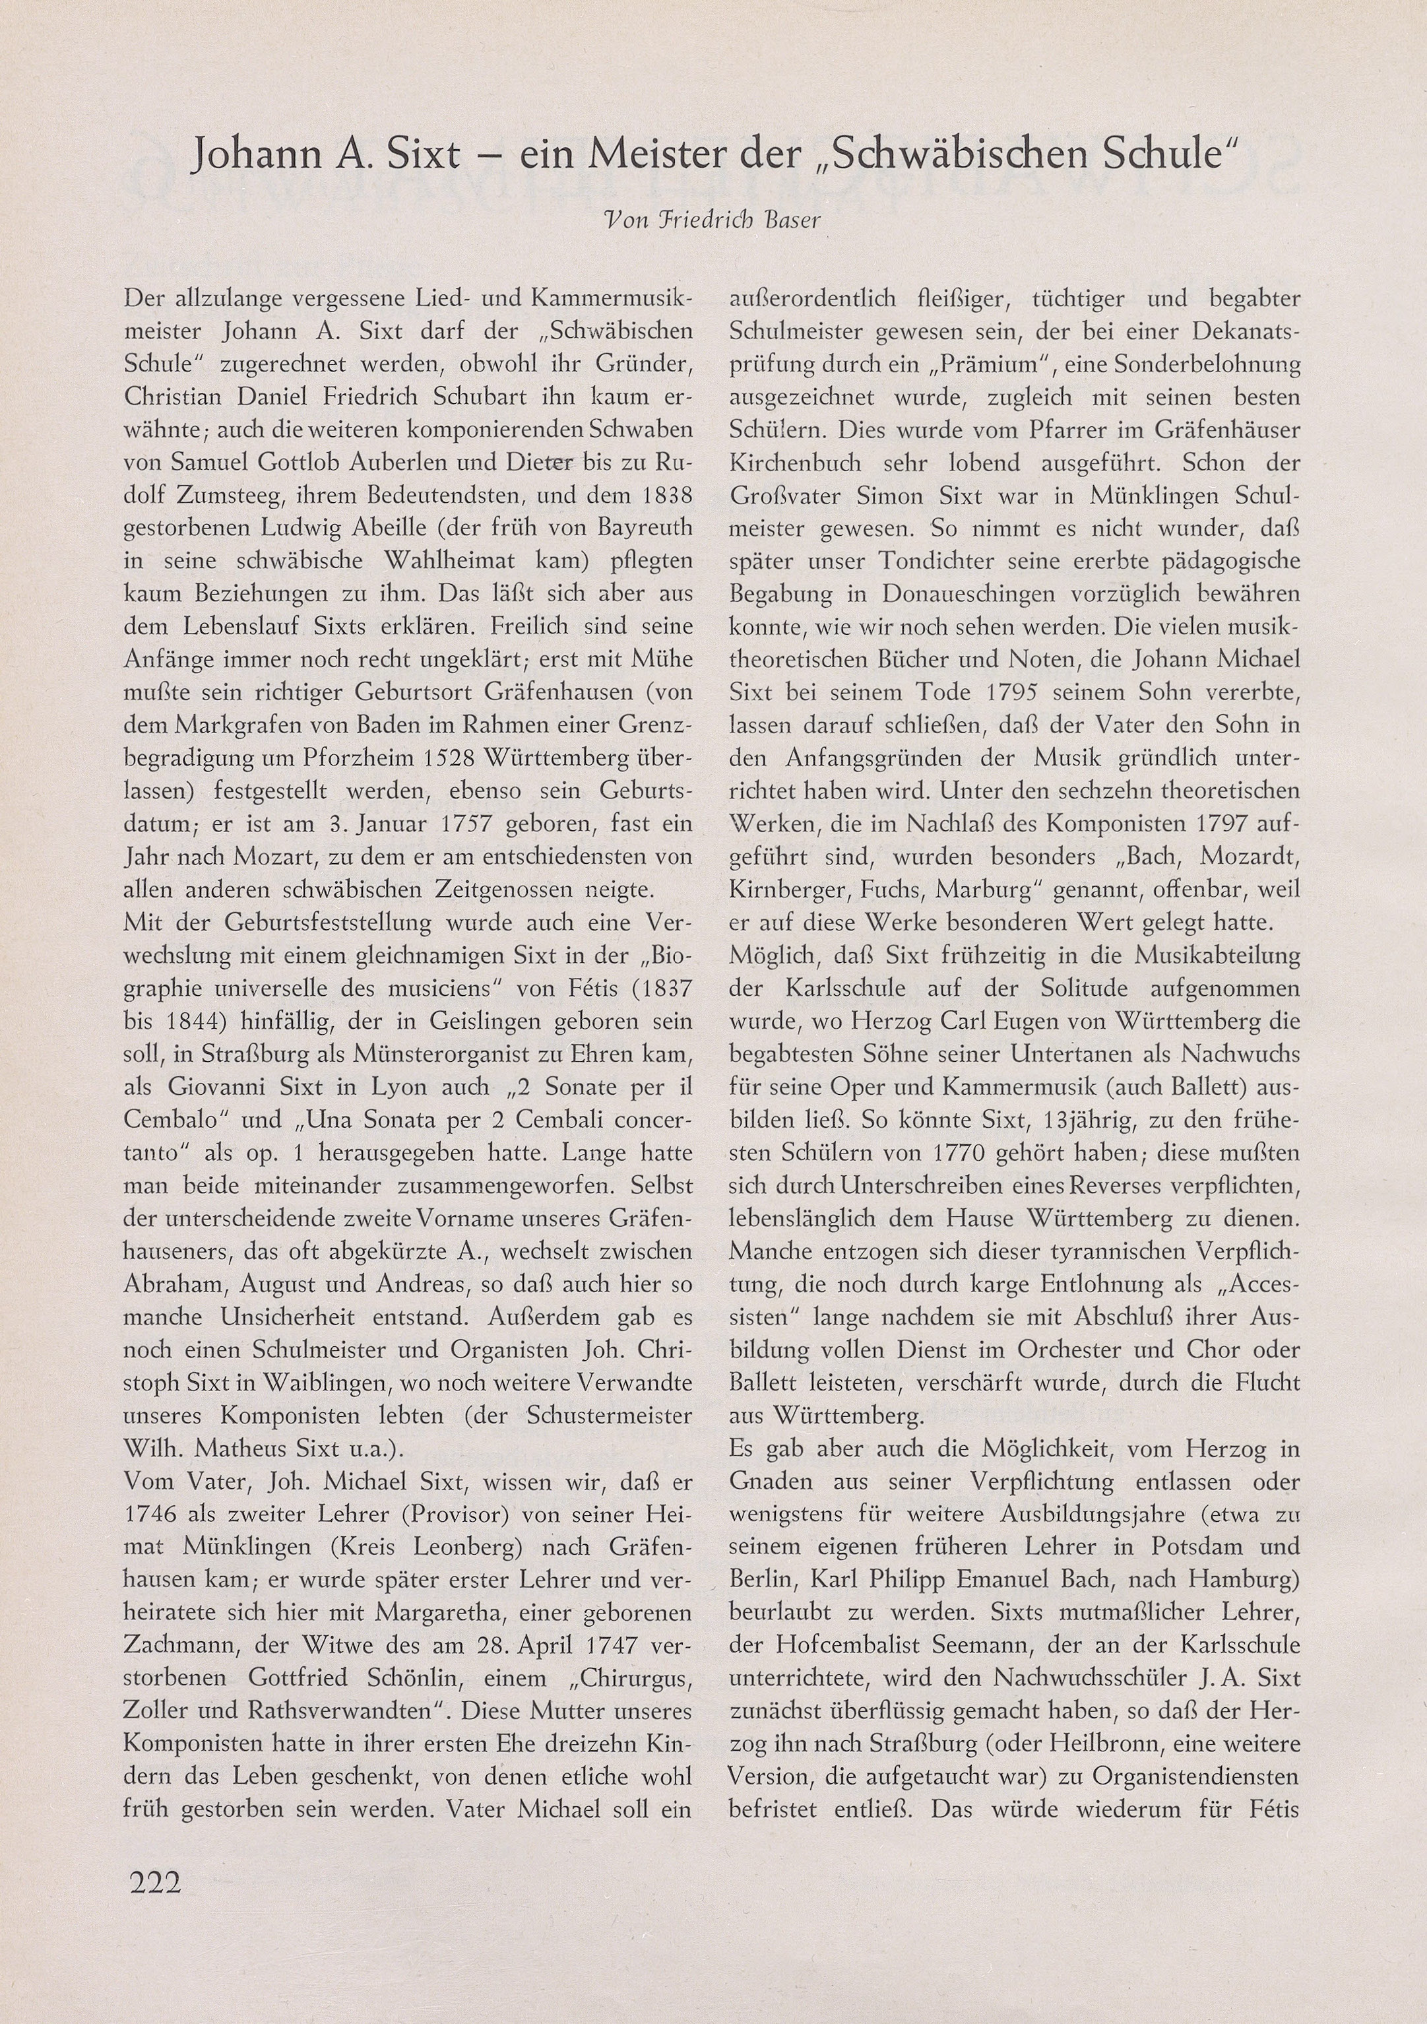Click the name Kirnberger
coord(788,890)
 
